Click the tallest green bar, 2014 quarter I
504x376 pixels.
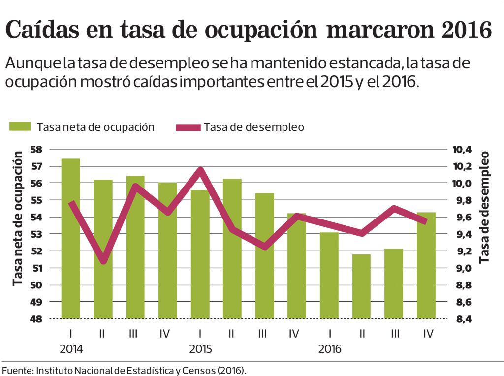pyautogui.click(x=71, y=239)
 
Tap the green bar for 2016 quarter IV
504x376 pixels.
pyautogui.click(x=426, y=266)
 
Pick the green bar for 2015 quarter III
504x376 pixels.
pyautogui.click(x=264, y=256)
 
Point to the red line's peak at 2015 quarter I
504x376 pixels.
pyautogui.click(x=200, y=170)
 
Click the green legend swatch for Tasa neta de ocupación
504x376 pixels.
pyautogui.click(x=20, y=127)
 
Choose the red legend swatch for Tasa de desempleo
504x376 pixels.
pyautogui.click(x=188, y=127)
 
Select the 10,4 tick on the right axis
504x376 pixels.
pyautogui.click(x=462, y=149)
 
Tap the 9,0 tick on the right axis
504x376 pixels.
pyautogui.click(x=462, y=268)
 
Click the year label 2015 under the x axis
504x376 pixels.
pyautogui.click(x=200, y=349)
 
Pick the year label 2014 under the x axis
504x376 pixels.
pyautogui.click(x=71, y=349)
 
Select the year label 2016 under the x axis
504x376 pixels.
pyautogui.click(x=329, y=349)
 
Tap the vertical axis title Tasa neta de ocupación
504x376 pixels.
pyautogui.click(x=18, y=219)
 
